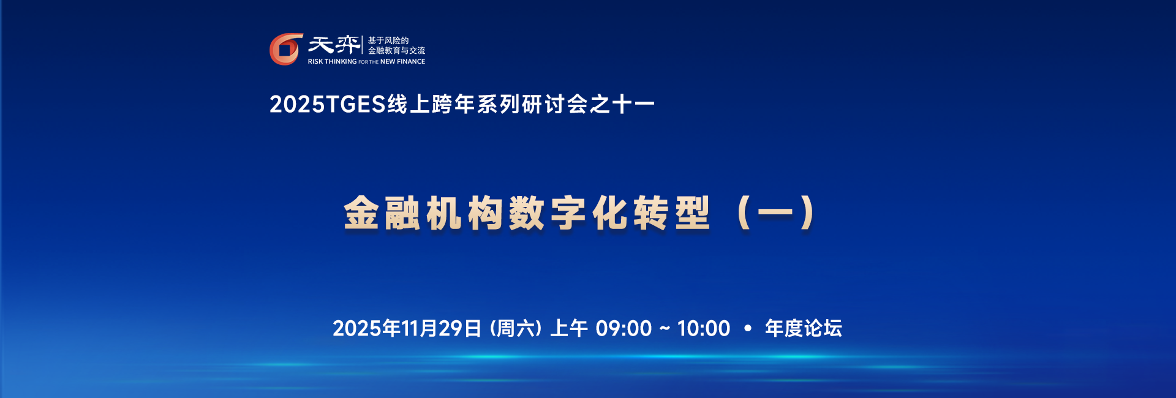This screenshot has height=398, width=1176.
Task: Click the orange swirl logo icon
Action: pos(286,49)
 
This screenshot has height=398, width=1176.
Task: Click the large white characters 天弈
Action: pos(334,45)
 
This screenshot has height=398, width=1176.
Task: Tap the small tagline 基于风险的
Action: pos(388,40)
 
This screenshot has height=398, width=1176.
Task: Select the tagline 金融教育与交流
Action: pos(396,51)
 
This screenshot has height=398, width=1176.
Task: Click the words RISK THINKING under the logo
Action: pos(332,62)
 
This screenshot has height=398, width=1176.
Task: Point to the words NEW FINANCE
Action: pos(402,62)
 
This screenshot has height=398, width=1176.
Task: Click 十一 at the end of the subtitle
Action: pos(633,105)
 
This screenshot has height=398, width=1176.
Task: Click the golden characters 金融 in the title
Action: pos(382,213)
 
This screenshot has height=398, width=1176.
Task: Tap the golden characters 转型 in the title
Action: pos(672,213)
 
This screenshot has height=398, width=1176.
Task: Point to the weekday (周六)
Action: pos(516,329)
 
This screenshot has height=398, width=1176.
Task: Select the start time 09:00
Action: pos(624,329)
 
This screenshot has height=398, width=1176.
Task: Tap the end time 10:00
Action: pos(704,329)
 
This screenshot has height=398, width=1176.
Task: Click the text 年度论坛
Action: pos(804,329)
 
